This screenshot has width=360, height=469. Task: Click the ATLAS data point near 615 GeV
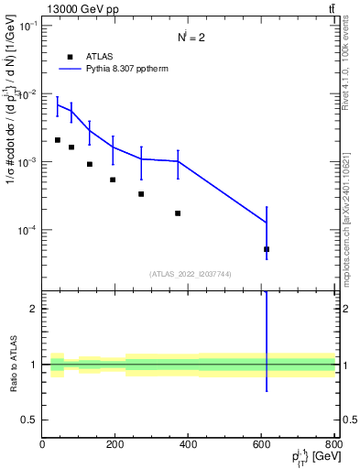[267, 249]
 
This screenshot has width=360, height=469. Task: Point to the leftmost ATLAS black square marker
[58, 140]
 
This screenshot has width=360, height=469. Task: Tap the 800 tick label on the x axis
[333, 445]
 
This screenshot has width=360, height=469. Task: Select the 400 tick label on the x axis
[189, 445]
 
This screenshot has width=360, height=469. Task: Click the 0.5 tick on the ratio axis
[30, 420]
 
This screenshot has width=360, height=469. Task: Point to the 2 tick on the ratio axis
[34, 309]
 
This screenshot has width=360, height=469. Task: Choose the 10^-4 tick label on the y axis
[26, 230]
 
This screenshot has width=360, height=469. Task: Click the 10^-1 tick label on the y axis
[26, 27]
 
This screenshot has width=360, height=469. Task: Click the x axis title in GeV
[311, 459]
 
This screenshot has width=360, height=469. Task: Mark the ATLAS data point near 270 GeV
[141, 194]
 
